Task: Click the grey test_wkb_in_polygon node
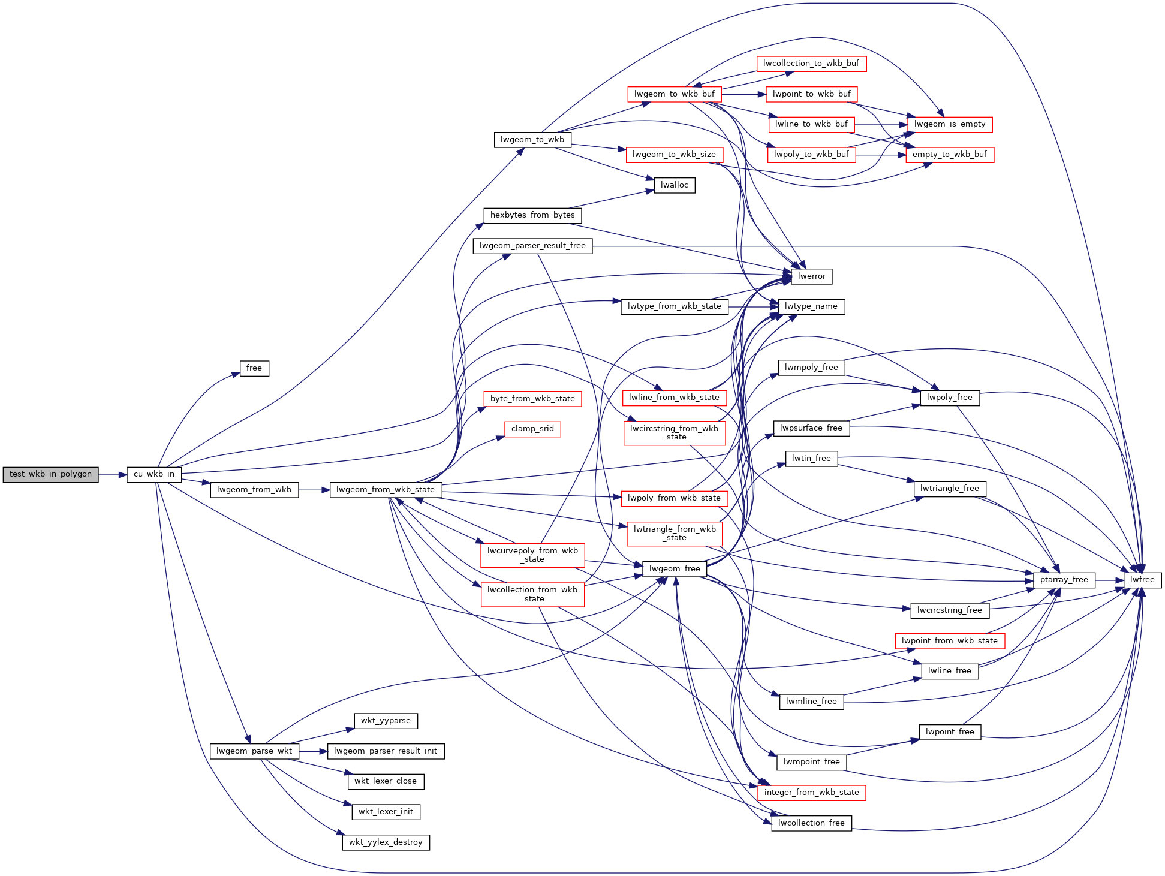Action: click(x=50, y=474)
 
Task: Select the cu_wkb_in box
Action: click(x=154, y=474)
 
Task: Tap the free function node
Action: click(x=254, y=368)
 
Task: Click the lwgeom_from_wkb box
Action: click(x=254, y=490)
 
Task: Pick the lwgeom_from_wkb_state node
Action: click(x=386, y=490)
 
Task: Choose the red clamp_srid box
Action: click(x=532, y=429)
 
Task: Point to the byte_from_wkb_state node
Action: click(x=532, y=399)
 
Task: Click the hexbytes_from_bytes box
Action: click(x=532, y=215)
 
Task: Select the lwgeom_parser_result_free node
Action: click(x=532, y=246)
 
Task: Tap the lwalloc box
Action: click(x=675, y=185)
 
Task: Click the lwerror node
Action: click(x=812, y=276)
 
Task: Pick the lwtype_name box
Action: click(x=811, y=306)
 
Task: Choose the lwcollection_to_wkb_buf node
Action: click(x=811, y=64)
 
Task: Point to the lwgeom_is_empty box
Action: click(x=950, y=124)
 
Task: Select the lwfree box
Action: click(x=1142, y=580)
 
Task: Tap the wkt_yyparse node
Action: click(x=386, y=721)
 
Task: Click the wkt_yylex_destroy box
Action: click(x=386, y=842)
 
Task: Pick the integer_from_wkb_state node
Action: click(x=811, y=793)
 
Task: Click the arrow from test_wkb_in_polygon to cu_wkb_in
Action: click(x=113, y=475)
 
